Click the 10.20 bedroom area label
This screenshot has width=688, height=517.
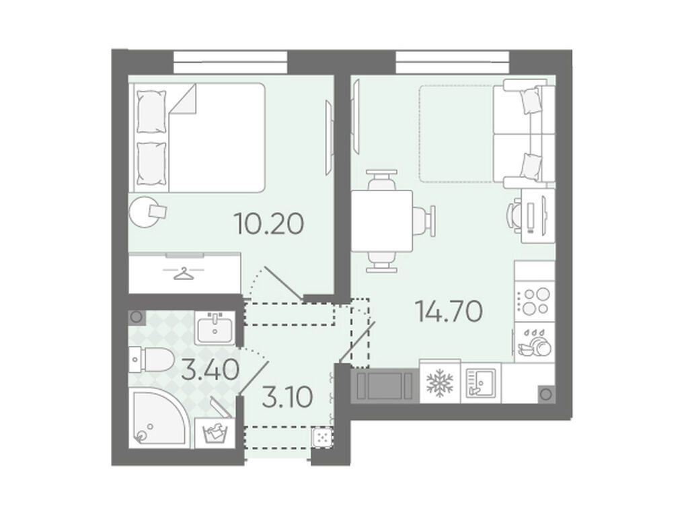[270, 221]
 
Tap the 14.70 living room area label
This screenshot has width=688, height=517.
[449, 311]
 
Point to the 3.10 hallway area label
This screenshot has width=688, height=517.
[286, 398]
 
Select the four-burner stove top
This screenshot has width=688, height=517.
[534, 302]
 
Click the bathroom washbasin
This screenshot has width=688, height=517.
[215, 329]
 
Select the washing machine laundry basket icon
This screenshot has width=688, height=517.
[213, 432]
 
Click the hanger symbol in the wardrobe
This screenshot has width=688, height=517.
[183, 273]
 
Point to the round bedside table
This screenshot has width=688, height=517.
[147, 211]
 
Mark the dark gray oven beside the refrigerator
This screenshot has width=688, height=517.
[385, 386]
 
